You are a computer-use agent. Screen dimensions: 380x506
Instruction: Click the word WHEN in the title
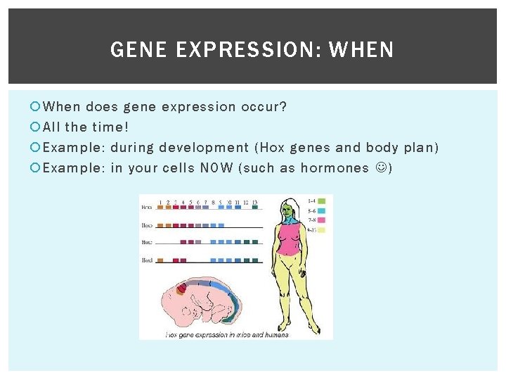tap(361, 50)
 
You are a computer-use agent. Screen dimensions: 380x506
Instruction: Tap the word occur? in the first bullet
tap(264, 107)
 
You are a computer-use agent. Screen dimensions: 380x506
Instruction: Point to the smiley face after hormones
tap(380, 168)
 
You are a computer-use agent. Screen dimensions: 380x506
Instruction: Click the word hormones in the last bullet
tap(335, 168)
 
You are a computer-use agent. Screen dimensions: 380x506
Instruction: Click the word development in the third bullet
tap(204, 148)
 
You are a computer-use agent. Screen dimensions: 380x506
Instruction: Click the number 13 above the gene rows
tap(254, 202)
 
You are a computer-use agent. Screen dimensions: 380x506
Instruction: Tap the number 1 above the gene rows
tap(160, 202)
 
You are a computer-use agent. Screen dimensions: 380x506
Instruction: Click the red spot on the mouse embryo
tap(183, 288)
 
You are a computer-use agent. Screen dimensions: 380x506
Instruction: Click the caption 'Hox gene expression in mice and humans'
tap(227, 334)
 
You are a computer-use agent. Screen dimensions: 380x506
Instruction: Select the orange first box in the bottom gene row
tap(160, 260)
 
